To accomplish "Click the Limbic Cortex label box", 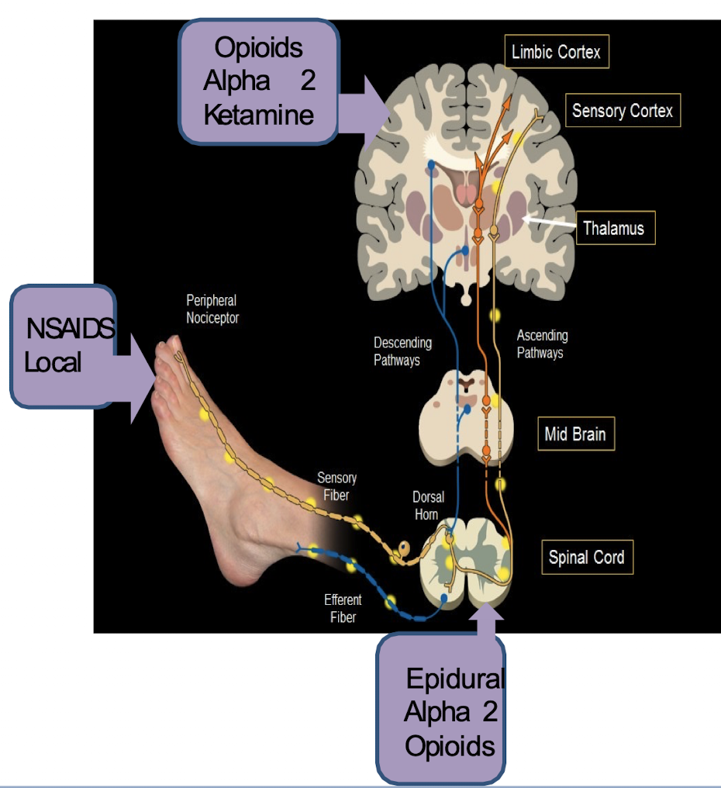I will (x=557, y=53).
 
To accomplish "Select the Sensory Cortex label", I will (x=622, y=111).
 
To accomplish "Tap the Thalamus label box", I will (x=613, y=229).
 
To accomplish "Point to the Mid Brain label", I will (x=574, y=434).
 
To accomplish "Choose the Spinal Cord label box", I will (x=586, y=557).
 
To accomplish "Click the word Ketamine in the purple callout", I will (x=259, y=115).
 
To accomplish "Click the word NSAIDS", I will (x=71, y=329).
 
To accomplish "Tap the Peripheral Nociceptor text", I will (x=212, y=309).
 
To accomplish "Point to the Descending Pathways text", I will (x=402, y=351).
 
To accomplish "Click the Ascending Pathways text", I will (x=542, y=344).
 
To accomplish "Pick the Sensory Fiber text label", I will (x=336, y=486).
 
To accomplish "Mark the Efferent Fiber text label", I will (x=343, y=608).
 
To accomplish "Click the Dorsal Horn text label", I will (x=425, y=506).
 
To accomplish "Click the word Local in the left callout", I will (x=53, y=362).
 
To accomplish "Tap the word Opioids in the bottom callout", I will (x=450, y=745).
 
